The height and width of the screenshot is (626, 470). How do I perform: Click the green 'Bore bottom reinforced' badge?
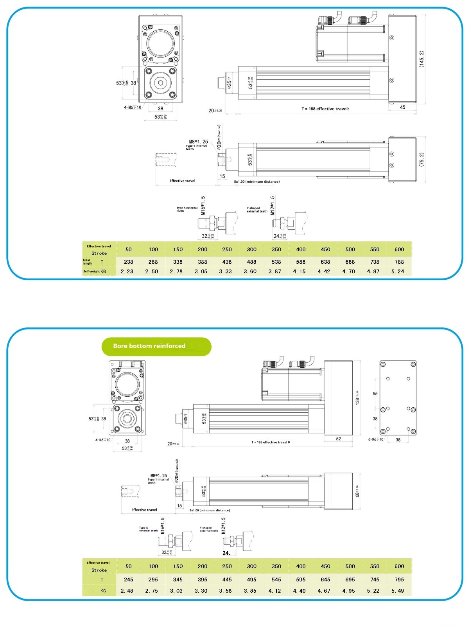tap(156, 346)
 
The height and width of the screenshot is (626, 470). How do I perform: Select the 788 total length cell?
tap(399, 262)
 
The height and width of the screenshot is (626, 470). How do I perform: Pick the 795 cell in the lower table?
tap(399, 579)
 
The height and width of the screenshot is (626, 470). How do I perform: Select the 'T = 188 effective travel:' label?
tap(325, 109)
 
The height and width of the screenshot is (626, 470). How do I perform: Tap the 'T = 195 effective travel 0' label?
tap(271, 442)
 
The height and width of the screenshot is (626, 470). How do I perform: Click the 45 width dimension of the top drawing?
tap(402, 107)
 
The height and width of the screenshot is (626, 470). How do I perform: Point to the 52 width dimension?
tap(338, 439)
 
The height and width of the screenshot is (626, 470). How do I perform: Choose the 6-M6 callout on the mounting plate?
tap(376, 439)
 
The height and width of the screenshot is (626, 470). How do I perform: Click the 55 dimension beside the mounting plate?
tap(375, 394)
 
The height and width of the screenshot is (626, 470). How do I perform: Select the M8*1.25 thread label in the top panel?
tap(199, 142)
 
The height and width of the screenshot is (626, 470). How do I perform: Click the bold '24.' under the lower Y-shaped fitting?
tap(226, 553)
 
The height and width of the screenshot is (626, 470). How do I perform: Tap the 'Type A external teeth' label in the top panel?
tap(187, 209)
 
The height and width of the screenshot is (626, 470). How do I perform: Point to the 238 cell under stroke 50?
tap(128, 262)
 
